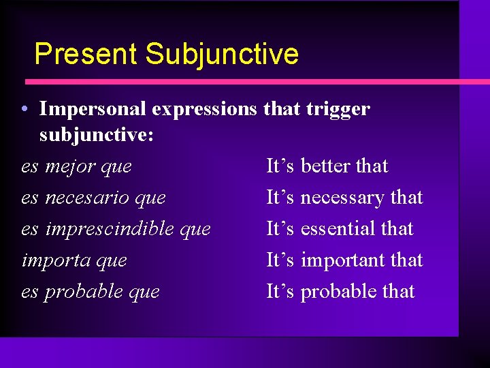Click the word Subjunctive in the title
pos(222,54)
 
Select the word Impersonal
pos(93,109)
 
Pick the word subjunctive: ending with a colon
pos(96,136)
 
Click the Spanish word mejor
pos(69,166)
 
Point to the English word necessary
pos(342,198)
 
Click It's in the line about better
pos(280,166)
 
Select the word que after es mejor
pos(116,166)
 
